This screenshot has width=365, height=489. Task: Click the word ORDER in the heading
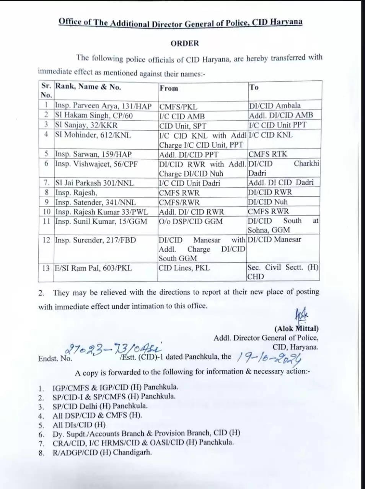[x=185, y=43]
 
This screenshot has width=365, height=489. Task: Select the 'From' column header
[x=169, y=88]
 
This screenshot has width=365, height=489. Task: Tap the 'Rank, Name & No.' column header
[x=88, y=87]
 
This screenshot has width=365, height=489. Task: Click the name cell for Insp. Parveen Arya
[x=103, y=106]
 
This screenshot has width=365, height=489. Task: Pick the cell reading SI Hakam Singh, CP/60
[x=94, y=115]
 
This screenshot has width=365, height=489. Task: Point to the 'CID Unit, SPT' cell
[x=182, y=126]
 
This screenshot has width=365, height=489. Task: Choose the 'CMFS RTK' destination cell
[x=267, y=154]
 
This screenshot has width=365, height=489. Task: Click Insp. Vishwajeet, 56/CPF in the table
[x=96, y=164]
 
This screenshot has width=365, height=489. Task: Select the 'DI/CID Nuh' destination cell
[x=267, y=202]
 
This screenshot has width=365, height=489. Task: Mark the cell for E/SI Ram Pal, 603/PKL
[x=93, y=268]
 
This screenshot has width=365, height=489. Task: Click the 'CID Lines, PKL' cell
[x=184, y=268]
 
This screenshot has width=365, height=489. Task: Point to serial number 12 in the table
[x=46, y=240]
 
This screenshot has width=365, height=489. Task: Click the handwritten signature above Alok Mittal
[x=301, y=316]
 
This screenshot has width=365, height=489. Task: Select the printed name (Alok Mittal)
[x=296, y=328]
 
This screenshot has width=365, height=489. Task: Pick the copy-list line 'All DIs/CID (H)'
[x=79, y=424]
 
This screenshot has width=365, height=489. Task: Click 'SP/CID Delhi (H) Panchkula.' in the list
[x=100, y=406]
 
